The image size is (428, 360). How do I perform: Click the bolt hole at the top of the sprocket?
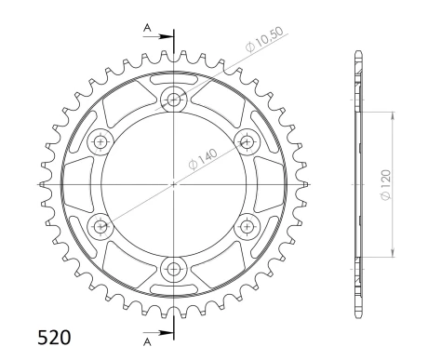173,100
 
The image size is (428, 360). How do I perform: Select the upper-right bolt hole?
247,141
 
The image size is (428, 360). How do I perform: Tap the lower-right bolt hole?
247,226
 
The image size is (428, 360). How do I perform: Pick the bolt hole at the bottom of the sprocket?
173,269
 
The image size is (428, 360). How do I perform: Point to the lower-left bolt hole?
100,226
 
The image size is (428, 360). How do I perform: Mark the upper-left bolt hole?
100,141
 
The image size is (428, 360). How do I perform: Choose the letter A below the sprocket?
147,341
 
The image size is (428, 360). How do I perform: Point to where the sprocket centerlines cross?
173,184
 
